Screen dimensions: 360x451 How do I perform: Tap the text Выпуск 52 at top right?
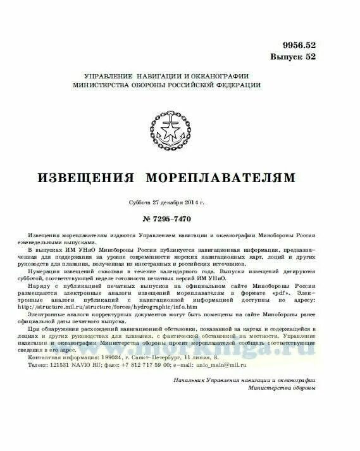(x=293, y=56)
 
